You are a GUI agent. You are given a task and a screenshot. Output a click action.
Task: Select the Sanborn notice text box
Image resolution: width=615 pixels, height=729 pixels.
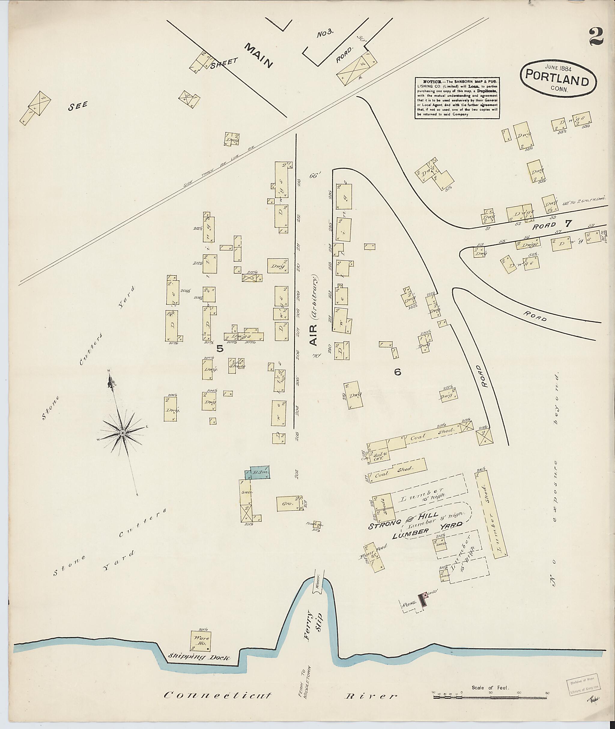coord(457,98)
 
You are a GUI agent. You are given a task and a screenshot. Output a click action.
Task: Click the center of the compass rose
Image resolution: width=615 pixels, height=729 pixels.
coord(123,433)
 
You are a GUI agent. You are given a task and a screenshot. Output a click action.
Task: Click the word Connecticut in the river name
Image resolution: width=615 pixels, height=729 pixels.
coord(217,686)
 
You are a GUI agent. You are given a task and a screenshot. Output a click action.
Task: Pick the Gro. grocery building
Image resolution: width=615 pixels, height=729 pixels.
coord(289,504)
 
